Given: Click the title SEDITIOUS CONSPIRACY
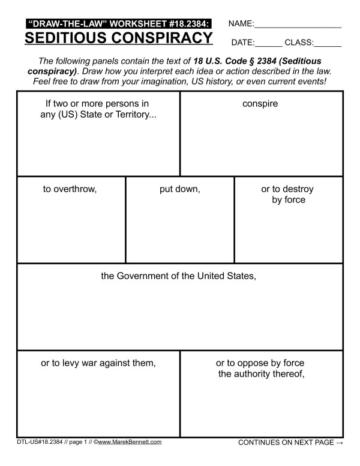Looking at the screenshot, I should point(118,38).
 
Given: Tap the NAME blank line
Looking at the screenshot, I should point(298,27).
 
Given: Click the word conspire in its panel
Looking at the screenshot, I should point(260,103).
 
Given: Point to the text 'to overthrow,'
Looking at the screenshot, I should point(70,189).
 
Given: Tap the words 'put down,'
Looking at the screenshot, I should point(179,189).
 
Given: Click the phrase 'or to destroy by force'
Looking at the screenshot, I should point(287,194).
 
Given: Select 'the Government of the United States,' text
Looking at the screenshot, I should point(179,277).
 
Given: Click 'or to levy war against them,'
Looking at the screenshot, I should point(98,363).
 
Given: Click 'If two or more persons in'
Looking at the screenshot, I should point(97,103).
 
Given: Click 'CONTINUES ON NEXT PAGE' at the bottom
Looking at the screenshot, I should point(286,443).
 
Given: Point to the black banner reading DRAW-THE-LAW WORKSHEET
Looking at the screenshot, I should point(118,23).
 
